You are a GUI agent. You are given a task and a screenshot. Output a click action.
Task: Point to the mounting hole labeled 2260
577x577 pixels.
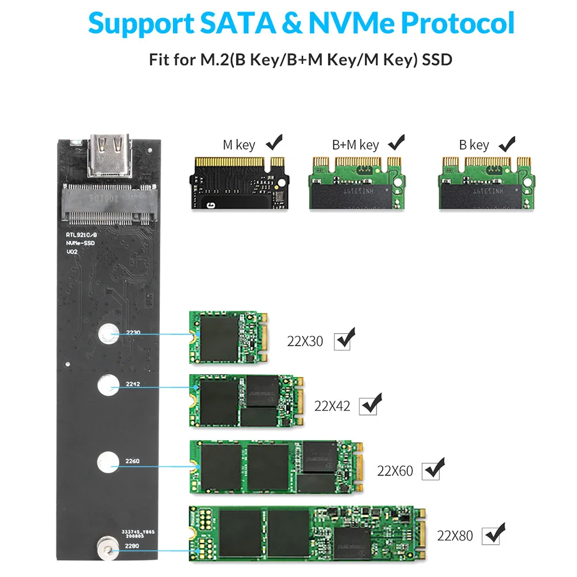107,461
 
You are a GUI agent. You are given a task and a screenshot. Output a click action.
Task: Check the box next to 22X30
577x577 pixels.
344,341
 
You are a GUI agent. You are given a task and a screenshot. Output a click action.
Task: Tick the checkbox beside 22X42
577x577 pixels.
368,406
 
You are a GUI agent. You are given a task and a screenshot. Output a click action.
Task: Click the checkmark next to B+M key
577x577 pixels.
397,142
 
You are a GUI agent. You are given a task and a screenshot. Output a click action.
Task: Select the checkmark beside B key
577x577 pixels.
507,142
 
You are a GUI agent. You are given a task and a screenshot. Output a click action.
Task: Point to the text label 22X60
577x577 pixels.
395,471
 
